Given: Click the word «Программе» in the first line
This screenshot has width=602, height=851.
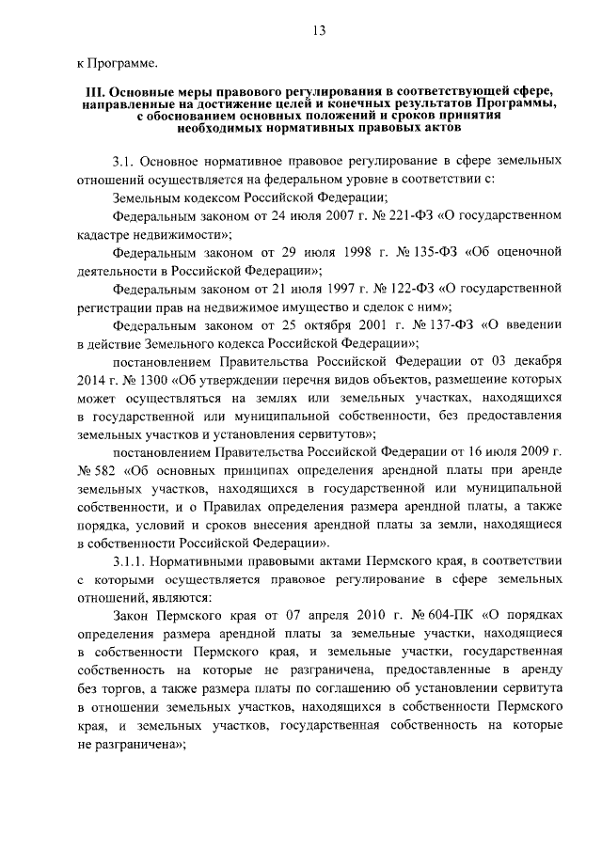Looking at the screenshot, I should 123,64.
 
